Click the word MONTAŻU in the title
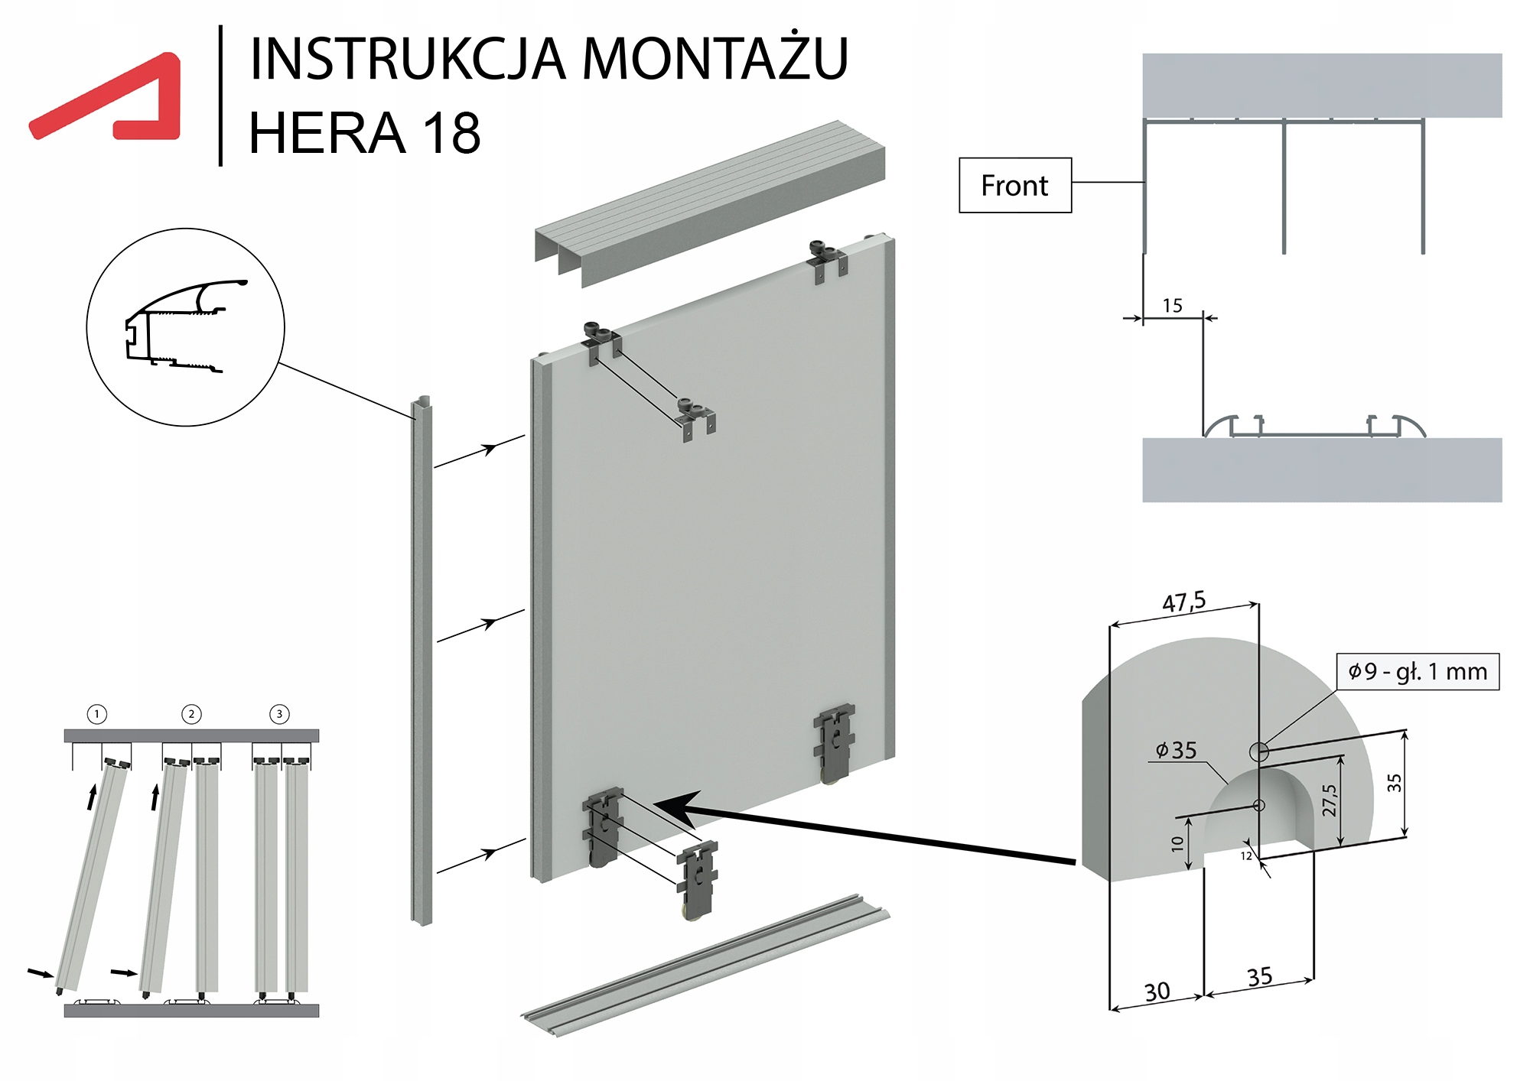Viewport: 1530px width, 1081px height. point(715,58)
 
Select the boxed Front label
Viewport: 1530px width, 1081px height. point(1014,186)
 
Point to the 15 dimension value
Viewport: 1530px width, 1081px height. point(1172,306)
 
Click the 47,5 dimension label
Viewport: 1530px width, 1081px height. point(1183,602)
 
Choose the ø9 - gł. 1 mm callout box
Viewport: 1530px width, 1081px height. point(1418,672)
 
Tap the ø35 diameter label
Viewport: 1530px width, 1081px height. point(1176,750)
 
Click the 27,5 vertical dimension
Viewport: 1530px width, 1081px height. point(1330,800)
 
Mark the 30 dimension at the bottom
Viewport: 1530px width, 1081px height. point(1157,992)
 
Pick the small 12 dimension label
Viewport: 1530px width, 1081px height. point(1246,855)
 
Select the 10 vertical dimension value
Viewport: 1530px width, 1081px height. point(1177,843)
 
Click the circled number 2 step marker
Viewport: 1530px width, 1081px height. point(191,714)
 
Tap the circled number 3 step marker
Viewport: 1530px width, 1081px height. point(279,714)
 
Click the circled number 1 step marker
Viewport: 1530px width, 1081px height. point(97,714)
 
